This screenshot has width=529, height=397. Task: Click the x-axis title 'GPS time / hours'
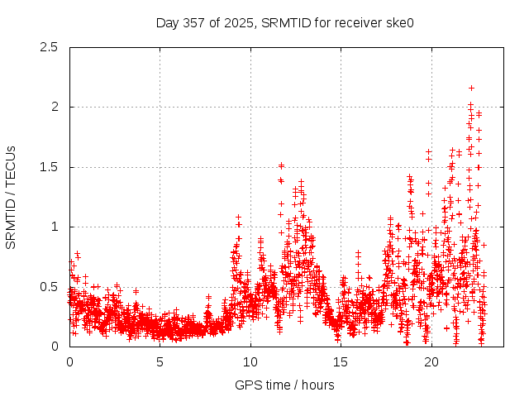[x=284, y=385]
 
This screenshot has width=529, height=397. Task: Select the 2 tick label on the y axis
[x=54, y=107]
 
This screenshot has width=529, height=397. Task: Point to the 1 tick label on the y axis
[x=54, y=227]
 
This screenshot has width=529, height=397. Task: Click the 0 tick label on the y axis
[x=54, y=347]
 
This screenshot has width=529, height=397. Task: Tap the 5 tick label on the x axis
[x=160, y=362]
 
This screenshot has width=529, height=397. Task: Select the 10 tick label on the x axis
[x=250, y=362]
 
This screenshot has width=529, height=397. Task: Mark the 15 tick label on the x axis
[x=341, y=362]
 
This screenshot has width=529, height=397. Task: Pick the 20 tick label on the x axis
[x=431, y=362]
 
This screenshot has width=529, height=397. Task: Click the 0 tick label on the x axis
[x=69, y=362]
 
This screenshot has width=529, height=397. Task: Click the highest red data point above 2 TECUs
[x=471, y=88]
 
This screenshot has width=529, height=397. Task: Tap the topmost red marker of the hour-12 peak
[x=281, y=165]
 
